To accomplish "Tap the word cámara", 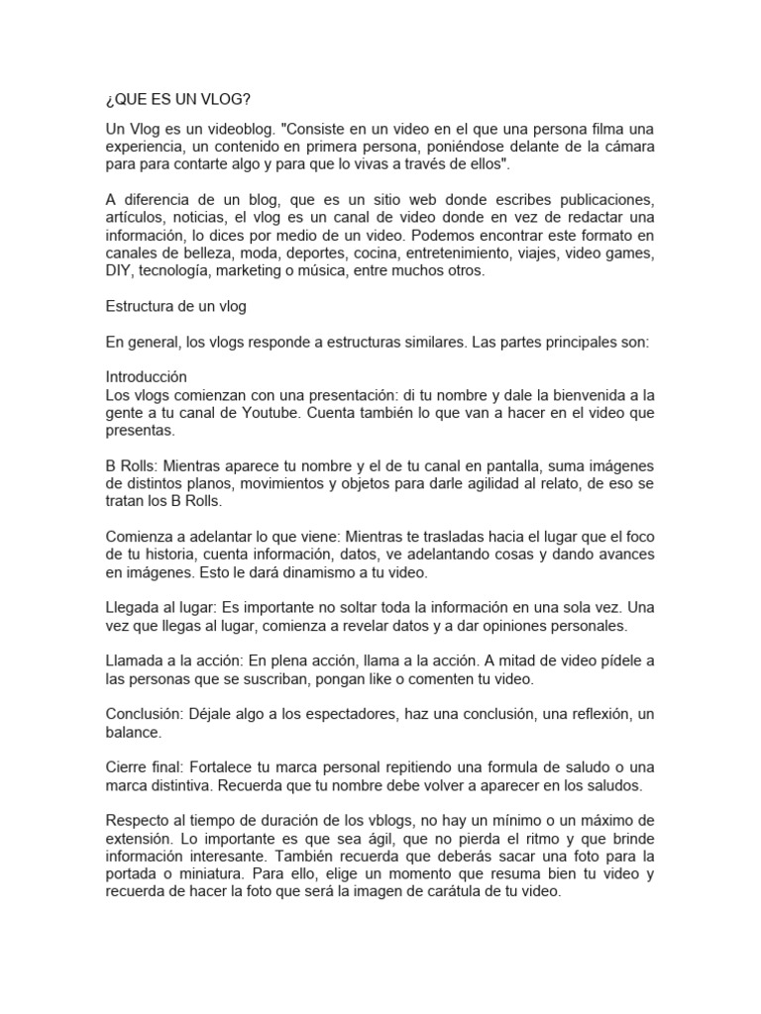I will (x=626, y=147).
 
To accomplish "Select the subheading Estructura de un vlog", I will (x=175, y=306).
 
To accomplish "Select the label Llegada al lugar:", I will (x=163, y=609).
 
